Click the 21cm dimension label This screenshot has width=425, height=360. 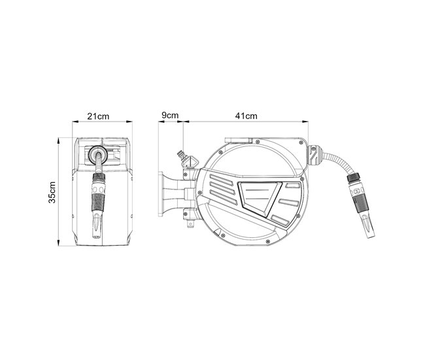(98, 116)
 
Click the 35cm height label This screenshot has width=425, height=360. (52, 192)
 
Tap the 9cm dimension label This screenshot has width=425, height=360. (170, 116)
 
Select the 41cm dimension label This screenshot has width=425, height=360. (246, 116)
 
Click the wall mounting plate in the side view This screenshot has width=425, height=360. (161, 193)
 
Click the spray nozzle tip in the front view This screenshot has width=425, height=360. (97, 225)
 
